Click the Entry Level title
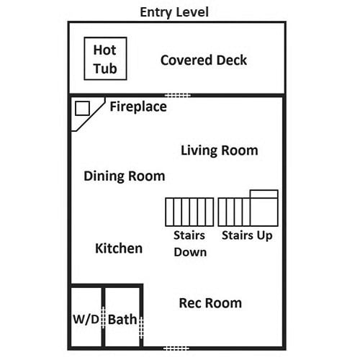tap(174, 12)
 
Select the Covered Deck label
tap(204, 60)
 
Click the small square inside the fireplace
tap(82, 108)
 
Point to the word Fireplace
tap(138, 107)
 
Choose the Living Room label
tap(220, 150)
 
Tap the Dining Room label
tap(125, 176)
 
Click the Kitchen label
tap(119, 248)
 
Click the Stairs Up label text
tap(247, 235)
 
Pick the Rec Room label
tap(210, 303)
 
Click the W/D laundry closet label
tap(86, 320)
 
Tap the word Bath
tap(122, 320)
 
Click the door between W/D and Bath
tap(103, 318)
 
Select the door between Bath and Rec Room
tap(141, 328)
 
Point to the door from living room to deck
tap(178, 96)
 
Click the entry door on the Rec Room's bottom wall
tap(176, 348)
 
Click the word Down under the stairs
tap(190, 252)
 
